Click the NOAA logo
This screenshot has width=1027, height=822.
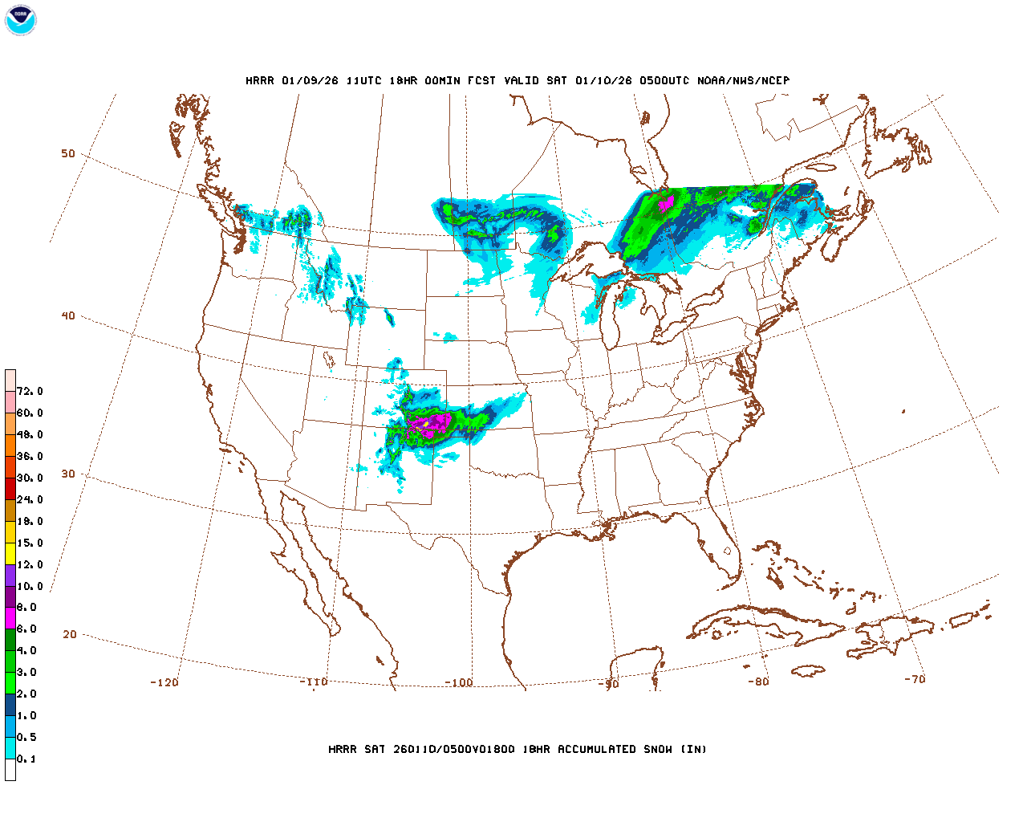20,20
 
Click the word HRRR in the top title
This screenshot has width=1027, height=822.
259,80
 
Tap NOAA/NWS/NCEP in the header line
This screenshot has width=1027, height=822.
743,80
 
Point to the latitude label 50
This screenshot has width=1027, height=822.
68,153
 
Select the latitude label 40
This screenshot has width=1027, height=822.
68,315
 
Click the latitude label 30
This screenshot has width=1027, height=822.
68,474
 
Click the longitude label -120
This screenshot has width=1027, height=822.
164,682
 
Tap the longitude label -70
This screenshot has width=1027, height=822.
915,678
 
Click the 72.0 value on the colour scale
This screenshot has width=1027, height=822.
30,391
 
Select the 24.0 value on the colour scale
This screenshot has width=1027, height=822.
30,499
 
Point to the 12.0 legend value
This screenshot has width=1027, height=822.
30,564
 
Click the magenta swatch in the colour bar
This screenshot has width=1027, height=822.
10,618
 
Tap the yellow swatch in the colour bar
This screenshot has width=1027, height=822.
10,553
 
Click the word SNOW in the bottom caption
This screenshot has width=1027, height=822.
658,749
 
